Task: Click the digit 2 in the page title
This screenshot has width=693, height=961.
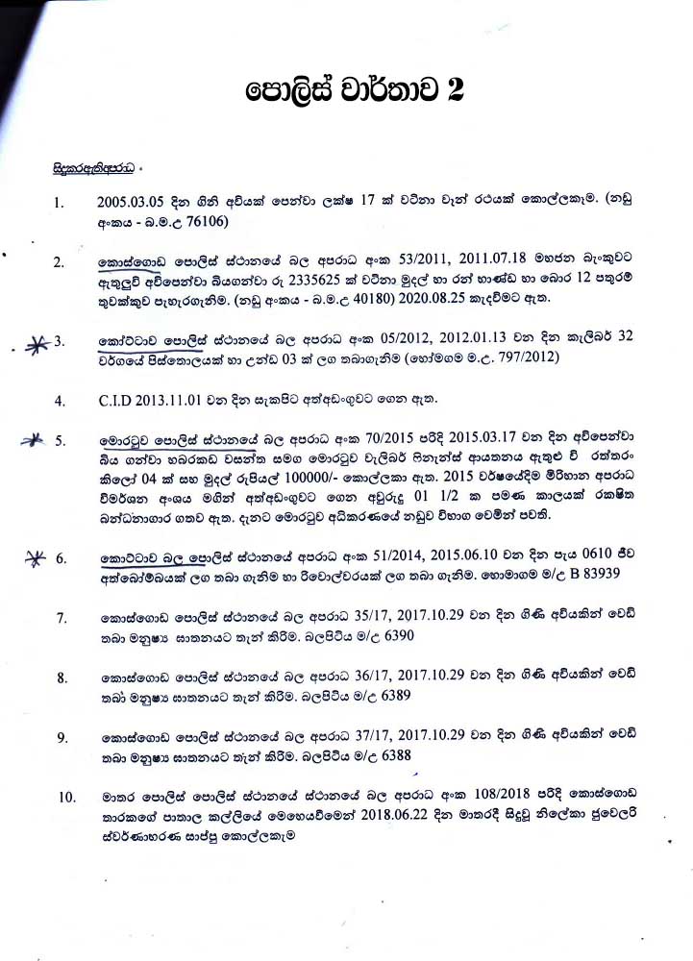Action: [453, 91]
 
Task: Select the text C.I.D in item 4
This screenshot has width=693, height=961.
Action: [118, 399]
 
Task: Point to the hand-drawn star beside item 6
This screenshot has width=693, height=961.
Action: [37, 557]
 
